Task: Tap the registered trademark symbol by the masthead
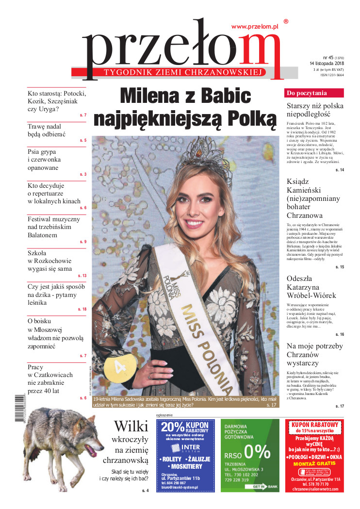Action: [x=286, y=21]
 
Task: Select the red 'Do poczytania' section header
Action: [x=307, y=93]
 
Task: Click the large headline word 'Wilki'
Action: [x=131, y=427]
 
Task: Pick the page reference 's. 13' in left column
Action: [x=81, y=276]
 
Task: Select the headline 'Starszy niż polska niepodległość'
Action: [x=315, y=110]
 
